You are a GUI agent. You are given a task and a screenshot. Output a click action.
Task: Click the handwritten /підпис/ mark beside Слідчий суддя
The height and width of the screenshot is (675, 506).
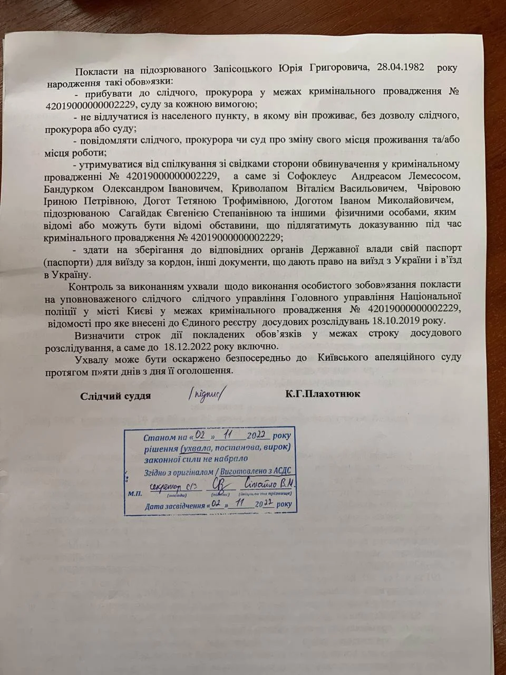tap(209, 394)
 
